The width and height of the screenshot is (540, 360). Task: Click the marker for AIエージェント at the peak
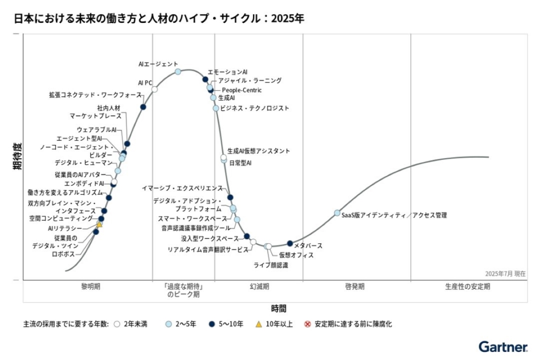178,72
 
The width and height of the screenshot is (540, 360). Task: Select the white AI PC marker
154,89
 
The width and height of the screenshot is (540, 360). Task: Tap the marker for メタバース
290,243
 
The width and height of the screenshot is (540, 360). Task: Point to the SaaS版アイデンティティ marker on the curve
337,213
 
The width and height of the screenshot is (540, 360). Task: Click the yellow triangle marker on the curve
99,224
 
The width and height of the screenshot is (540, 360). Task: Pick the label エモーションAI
227,72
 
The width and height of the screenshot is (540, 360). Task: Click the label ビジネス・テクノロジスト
255,108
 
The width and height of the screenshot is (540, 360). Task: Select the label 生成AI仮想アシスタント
259,151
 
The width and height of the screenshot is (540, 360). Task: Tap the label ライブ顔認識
271,265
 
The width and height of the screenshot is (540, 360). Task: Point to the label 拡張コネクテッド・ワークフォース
95,95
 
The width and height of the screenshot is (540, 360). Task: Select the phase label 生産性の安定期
468,286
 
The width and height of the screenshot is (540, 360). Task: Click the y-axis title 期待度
17,156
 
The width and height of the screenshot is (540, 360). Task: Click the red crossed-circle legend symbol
308,324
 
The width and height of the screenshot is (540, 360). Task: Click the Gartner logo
503,347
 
